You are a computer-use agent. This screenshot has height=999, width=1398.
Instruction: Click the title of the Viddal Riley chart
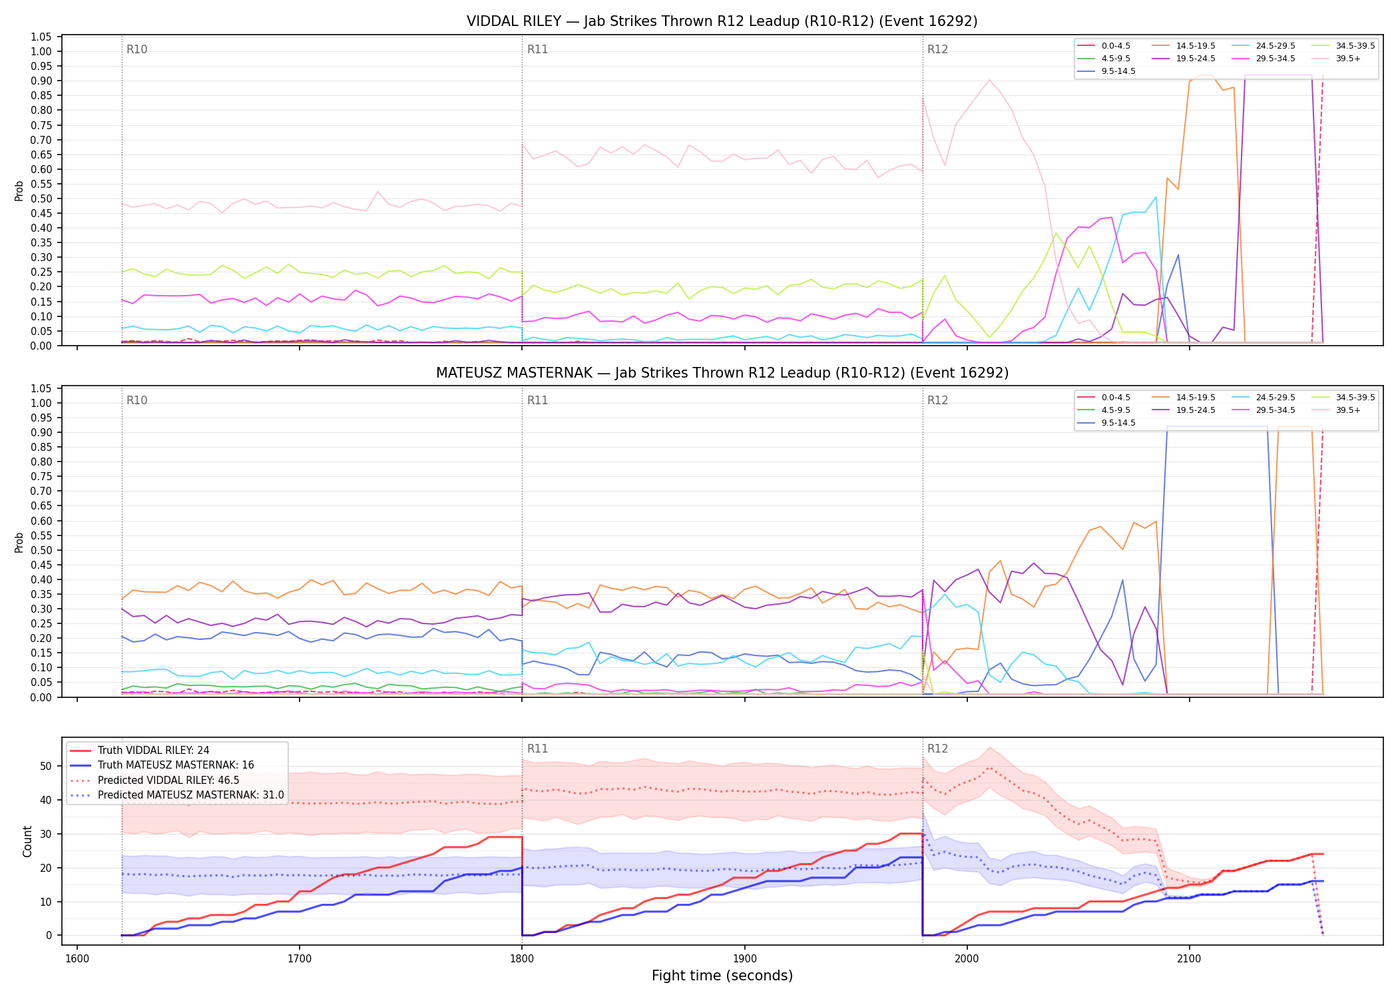[x=722, y=21]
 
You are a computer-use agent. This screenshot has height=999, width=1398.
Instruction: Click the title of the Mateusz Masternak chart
[x=722, y=373]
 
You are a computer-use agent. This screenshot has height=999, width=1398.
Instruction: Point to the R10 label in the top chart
[x=137, y=49]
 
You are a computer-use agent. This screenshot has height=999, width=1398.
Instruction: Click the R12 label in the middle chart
[x=938, y=400]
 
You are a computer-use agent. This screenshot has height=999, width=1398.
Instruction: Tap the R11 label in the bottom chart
[x=537, y=749]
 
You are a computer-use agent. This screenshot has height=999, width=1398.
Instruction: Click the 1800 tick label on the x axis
[x=522, y=959]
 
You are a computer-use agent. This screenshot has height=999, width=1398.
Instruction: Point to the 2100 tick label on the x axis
[x=1189, y=959]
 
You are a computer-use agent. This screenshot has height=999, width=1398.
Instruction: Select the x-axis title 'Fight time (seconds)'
[x=722, y=976]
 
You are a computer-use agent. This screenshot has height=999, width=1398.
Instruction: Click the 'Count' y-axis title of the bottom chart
[x=27, y=841]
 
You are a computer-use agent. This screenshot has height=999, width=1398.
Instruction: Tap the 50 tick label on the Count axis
[x=46, y=766]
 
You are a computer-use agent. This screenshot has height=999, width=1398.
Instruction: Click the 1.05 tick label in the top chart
[x=41, y=37]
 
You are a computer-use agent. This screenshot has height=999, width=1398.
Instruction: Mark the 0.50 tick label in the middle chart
[x=41, y=550]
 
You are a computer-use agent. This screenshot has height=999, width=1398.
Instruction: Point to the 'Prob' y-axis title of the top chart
[x=19, y=191]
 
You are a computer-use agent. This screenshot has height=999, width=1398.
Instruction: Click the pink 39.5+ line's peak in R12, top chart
[x=989, y=80]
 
